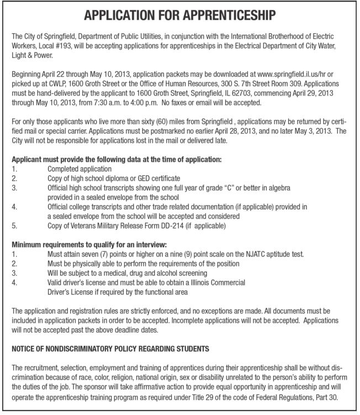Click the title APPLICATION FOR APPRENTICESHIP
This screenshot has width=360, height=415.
tap(179, 15)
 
